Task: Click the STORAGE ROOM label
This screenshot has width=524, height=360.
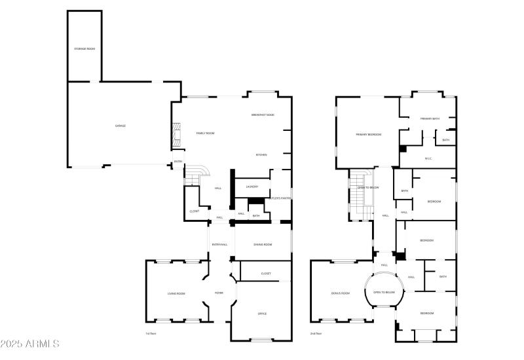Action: pos(84,49)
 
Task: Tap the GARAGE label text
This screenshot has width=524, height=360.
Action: pos(121,126)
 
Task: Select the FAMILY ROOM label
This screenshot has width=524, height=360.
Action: pos(206,133)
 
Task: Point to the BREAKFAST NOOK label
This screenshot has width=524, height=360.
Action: pos(263,115)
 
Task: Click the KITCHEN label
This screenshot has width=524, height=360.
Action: pos(261,155)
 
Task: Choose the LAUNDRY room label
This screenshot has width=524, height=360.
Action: pos(252,187)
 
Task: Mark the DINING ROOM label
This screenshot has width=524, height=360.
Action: pos(262,245)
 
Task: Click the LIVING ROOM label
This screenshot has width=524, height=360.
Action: pos(176,294)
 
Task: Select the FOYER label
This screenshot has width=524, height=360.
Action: pos(219,293)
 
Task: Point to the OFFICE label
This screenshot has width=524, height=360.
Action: pos(262,314)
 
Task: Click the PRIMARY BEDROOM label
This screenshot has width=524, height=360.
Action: pos(368,134)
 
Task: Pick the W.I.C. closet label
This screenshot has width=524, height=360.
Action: pos(428,158)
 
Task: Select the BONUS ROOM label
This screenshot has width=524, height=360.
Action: pos(341,293)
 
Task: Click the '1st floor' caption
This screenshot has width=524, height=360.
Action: pos(151,333)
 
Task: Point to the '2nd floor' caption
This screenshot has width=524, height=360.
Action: pos(316,333)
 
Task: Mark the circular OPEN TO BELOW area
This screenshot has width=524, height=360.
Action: pos(384,292)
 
